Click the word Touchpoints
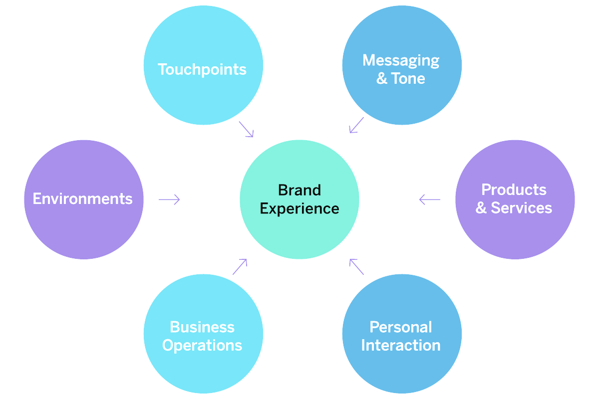click(x=202, y=69)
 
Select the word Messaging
click(x=401, y=61)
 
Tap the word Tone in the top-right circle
click(x=408, y=78)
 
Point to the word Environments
click(x=83, y=199)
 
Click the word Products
click(x=514, y=190)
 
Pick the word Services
click(x=522, y=208)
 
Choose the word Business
click(x=202, y=327)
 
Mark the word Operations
click(x=202, y=345)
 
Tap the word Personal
click(x=401, y=327)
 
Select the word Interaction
click(x=401, y=345)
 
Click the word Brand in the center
click(x=299, y=190)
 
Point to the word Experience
click(x=299, y=208)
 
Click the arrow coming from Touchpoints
click(x=246, y=129)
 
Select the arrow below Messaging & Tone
click(x=356, y=125)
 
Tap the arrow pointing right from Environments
click(x=169, y=199)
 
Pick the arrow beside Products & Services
click(x=430, y=199)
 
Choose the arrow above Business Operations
click(x=240, y=267)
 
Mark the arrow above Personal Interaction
click(x=357, y=267)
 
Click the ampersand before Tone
click(x=382, y=78)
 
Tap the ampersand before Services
click(x=481, y=208)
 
